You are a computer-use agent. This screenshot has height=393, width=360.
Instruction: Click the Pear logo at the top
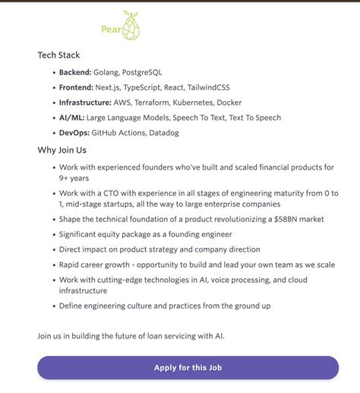[121, 27]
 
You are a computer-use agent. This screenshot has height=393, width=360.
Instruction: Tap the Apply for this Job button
[188, 368]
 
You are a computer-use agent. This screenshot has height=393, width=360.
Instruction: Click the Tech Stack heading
[58, 55]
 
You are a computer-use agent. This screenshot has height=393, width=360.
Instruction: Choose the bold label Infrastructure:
[86, 103]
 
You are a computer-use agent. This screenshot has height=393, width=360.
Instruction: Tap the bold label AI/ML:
[72, 118]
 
